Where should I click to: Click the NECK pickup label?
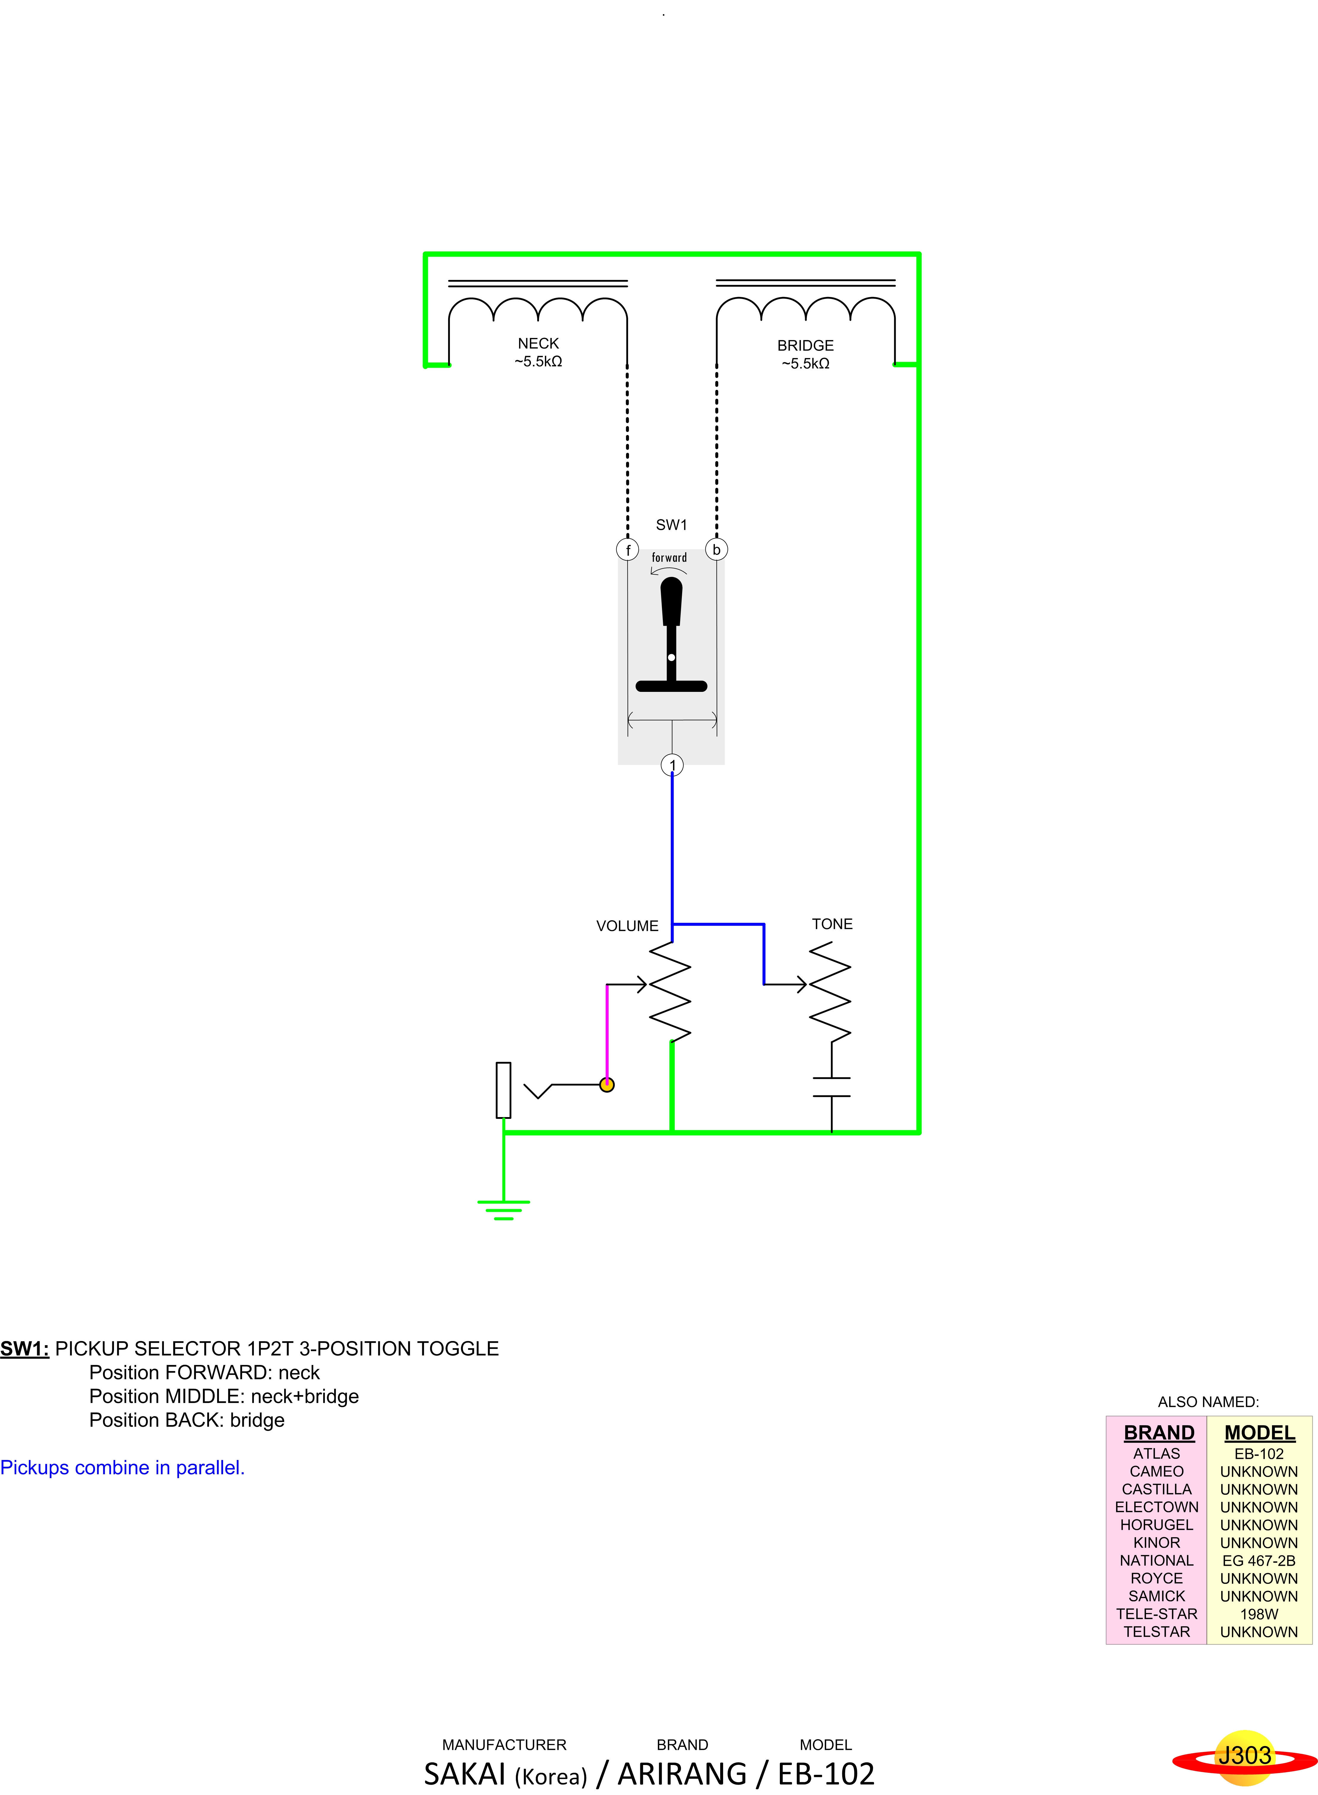tap(538, 344)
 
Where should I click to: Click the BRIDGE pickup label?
tap(805, 345)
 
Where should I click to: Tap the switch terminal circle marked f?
tap(628, 550)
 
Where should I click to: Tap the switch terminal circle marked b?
tap(716, 550)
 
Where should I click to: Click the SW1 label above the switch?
tap(671, 525)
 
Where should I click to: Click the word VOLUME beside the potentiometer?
tap(627, 926)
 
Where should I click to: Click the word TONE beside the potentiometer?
tap(832, 924)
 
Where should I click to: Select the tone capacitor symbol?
tap(831, 1087)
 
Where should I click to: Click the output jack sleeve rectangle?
tap(503, 1090)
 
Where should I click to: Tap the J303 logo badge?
tap(1244, 1756)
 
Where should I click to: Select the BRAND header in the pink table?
tap(1159, 1433)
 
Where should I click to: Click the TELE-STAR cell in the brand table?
tap(1156, 1614)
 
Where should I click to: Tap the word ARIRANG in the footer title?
tap(682, 1773)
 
